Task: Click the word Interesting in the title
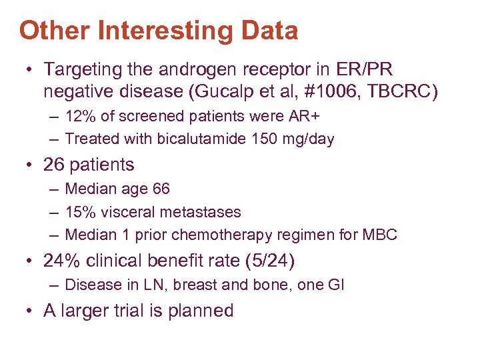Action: pyautogui.click(x=173, y=30)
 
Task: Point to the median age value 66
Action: pyautogui.click(x=161, y=189)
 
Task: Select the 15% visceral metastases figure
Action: pyautogui.click(x=79, y=212)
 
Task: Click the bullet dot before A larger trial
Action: pyautogui.click(x=31, y=311)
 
